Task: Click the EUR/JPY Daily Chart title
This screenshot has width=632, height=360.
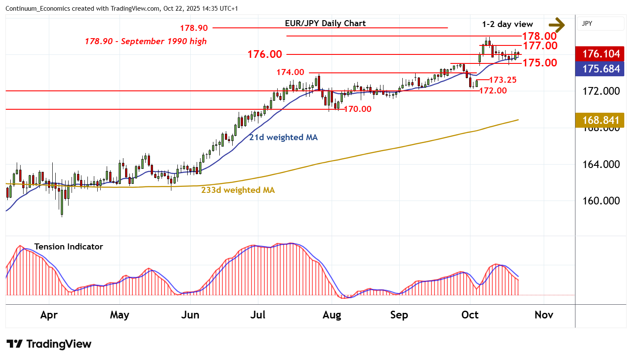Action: [325, 24]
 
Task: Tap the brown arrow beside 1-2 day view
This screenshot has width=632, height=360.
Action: [557, 24]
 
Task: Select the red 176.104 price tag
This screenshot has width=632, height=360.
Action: [601, 54]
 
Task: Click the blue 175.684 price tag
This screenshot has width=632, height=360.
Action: [601, 69]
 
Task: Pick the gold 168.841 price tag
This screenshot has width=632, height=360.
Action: [601, 120]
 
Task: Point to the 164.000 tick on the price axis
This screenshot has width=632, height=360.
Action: [601, 164]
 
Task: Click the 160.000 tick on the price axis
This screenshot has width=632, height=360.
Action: [601, 201]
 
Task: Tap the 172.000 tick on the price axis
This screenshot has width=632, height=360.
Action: [601, 91]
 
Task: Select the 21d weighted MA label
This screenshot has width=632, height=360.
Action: [283, 137]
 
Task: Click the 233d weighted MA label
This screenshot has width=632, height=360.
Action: [238, 190]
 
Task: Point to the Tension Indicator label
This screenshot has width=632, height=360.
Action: [69, 246]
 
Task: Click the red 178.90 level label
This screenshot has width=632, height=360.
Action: [194, 28]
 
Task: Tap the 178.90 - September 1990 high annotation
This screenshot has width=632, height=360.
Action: [146, 41]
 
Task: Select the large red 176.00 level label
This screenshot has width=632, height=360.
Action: [265, 54]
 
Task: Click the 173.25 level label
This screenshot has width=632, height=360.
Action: [503, 80]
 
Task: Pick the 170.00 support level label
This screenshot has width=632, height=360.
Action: [358, 109]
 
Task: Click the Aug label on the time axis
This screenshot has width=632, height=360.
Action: [332, 315]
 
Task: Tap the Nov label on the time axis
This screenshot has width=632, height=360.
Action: [544, 315]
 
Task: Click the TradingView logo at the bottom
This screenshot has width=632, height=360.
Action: [49, 344]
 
